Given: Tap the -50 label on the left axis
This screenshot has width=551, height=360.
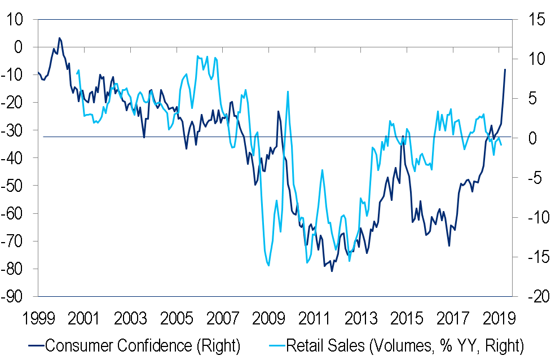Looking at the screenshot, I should click(15, 186).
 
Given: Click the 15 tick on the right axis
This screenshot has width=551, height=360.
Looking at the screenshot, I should click(533, 19).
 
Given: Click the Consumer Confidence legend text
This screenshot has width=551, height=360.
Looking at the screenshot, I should click(142, 345).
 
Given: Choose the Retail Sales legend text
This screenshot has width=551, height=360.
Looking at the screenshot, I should click(405, 345).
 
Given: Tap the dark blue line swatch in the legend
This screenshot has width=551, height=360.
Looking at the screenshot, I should click(33, 345).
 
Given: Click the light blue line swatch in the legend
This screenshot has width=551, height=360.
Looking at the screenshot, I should click(274, 345).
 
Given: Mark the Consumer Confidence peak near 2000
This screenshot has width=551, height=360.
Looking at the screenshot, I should click(59, 38).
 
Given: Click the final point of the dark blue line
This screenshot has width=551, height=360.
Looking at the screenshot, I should click(505, 69).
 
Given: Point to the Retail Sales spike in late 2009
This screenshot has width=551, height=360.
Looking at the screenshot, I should click(288, 91).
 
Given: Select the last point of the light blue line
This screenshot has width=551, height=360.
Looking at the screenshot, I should click(501, 145).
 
